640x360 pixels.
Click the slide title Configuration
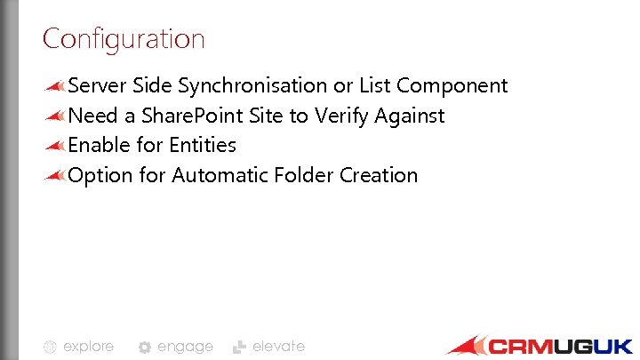(124, 39)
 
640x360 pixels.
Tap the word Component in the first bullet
(452, 86)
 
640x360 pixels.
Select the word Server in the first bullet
(98, 86)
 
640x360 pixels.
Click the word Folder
(300, 175)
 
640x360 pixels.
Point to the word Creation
(379, 175)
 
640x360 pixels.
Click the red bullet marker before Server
(54, 86)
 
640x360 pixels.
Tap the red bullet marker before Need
(54, 116)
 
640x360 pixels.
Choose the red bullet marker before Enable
(54, 145)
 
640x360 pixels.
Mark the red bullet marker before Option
(54, 175)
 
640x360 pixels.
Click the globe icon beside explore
(51, 348)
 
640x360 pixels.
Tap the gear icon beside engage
(145, 348)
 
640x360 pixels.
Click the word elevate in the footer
(278, 347)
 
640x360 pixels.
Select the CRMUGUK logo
(540, 346)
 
